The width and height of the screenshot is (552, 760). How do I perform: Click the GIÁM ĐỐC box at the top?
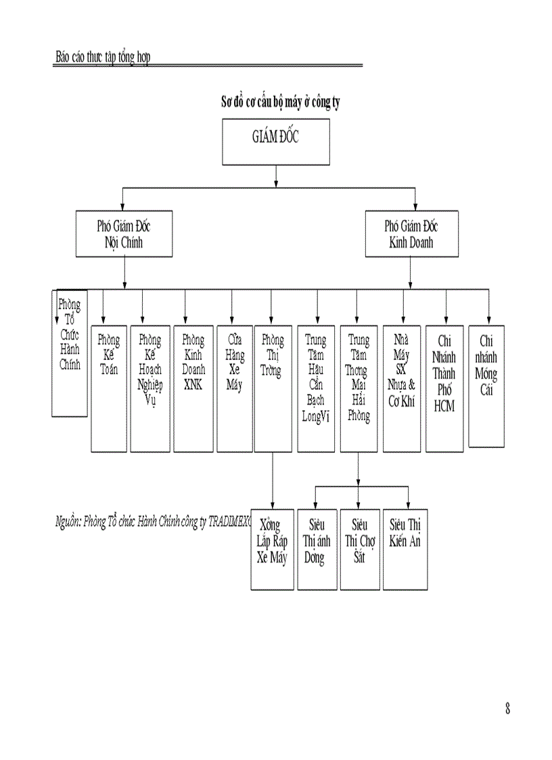[275, 141]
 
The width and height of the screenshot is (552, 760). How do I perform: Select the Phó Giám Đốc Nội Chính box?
[124, 234]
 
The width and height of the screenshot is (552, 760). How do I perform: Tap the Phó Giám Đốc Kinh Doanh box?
[411, 234]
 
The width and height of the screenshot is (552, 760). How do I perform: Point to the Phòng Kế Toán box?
[108, 388]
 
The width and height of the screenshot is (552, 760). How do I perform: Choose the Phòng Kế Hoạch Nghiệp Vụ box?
[149, 388]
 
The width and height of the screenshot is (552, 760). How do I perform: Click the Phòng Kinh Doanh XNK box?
[193, 388]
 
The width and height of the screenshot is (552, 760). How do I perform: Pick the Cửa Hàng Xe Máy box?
[234, 388]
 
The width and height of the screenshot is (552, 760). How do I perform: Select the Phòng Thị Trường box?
[272, 388]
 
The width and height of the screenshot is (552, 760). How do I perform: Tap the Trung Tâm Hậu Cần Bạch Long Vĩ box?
[316, 388]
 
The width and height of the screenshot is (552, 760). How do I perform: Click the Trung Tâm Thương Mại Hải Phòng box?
[358, 388]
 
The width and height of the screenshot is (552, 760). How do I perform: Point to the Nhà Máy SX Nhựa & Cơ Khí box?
[401, 388]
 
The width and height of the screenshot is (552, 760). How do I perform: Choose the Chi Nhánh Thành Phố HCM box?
[444, 388]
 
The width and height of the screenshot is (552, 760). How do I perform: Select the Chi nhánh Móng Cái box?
[486, 386]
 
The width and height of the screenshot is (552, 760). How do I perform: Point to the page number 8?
[507, 709]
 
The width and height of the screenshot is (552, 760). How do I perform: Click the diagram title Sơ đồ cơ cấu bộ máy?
[281, 103]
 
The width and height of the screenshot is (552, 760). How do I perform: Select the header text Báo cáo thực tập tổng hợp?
[102, 57]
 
